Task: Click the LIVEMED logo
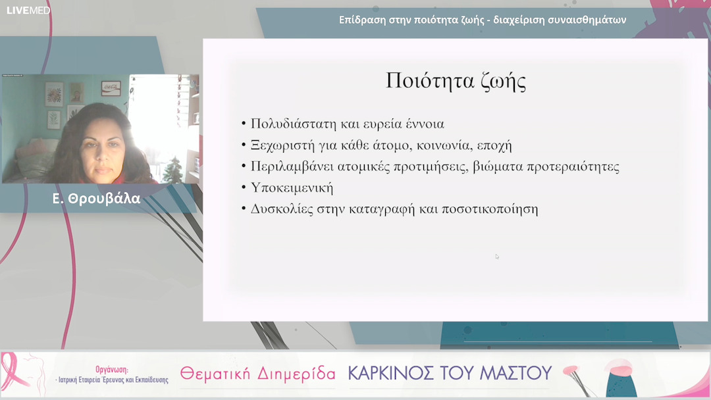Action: pyautogui.click(x=28, y=10)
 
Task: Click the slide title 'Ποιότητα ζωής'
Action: pyautogui.click(x=456, y=80)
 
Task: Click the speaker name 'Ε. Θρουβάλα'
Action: pyautogui.click(x=96, y=199)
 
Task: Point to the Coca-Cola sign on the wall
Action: pyautogui.click(x=111, y=87)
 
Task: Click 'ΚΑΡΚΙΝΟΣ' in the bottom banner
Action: pyautogui.click(x=395, y=373)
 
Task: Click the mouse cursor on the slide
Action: pyautogui.click(x=497, y=257)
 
